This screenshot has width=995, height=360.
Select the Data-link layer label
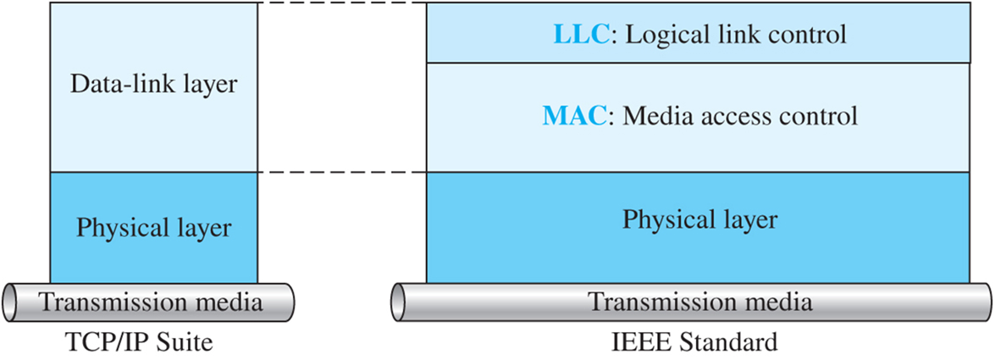point(154,85)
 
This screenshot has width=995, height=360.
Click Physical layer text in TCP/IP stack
point(154,228)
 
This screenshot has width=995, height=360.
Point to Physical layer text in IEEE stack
point(699,219)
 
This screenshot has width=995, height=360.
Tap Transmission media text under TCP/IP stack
point(152,302)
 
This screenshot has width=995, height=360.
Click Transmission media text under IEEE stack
point(700,302)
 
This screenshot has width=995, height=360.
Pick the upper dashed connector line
point(341,3)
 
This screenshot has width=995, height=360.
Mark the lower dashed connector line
point(341,172)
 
